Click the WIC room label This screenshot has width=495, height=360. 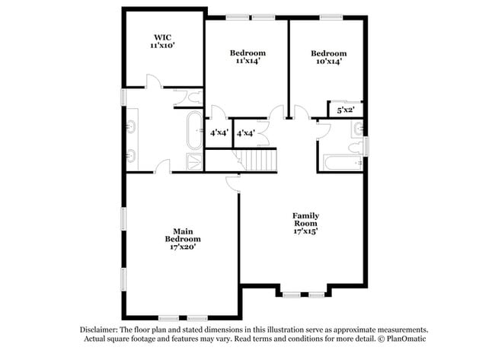click(163, 41)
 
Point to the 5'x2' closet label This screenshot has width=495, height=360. click(345, 110)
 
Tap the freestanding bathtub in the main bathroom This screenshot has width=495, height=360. click(193, 129)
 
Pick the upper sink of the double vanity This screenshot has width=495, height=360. click(131, 126)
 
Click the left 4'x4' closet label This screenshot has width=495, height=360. click(219, 132)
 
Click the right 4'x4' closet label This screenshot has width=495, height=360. click(245, 132)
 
